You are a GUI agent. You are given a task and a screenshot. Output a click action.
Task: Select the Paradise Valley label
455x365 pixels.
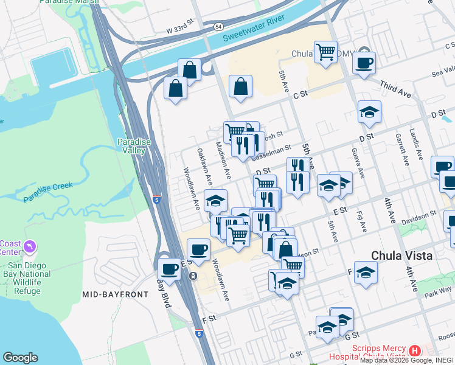(131, 146)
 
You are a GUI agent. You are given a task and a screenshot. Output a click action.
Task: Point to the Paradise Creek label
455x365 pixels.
(47, 192)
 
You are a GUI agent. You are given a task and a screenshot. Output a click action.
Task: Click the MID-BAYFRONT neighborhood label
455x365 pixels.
(116, 294)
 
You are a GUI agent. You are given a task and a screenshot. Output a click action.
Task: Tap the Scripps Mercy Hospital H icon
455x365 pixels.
(415, 350)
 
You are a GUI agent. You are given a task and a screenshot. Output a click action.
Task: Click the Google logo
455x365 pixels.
(20, 358)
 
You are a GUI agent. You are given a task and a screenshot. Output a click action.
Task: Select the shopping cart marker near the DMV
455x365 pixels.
(325, 51)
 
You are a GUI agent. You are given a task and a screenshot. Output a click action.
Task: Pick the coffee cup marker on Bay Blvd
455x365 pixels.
(169, 268)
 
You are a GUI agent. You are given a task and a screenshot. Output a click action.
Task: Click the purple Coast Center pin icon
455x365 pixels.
(29, 247)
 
